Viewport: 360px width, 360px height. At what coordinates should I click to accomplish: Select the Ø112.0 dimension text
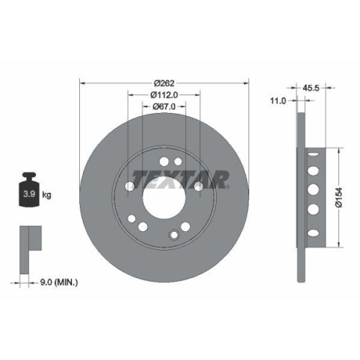click(164, 94)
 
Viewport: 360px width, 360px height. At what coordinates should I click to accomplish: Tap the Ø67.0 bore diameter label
click(164, 107)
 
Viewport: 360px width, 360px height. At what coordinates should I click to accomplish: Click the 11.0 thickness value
click(278, 102)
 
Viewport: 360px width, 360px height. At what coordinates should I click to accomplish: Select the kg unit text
click(46, 194)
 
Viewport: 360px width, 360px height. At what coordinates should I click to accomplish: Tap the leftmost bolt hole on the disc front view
click(130, 186)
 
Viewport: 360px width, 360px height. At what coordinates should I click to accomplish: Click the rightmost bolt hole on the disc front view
click(199, 186)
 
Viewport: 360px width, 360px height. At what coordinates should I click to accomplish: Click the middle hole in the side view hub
click(315, 189)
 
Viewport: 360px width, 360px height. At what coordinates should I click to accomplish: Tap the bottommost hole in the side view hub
click(315, 229)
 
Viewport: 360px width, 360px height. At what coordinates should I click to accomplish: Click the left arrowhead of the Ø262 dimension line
click(81, 82)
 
